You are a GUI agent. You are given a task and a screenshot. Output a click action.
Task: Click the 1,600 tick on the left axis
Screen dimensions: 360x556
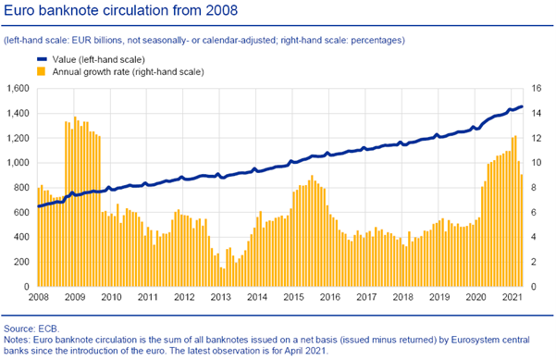point(19,89)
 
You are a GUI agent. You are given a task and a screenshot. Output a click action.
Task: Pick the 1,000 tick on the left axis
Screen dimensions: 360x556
point(19,163)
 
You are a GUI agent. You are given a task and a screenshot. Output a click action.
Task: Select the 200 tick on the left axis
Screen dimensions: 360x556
point(23,262)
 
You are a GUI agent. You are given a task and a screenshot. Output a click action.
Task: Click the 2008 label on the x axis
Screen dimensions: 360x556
point(39,298)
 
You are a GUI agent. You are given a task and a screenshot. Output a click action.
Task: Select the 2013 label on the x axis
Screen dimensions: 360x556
point(220,298)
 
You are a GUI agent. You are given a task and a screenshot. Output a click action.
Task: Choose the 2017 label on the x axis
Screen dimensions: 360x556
point(366,298)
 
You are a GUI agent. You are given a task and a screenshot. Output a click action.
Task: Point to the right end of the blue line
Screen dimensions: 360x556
point(522,106)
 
